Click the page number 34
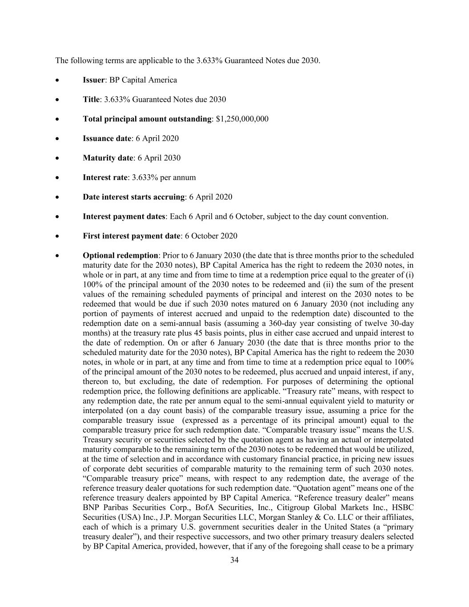tap(235, 560)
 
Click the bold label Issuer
tap(94, 80)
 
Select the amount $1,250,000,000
tap(242, 119)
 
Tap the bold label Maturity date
tap(108, 158)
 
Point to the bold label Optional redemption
tap(120, 255)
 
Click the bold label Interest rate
tap(105, 177)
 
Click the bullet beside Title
tap(58, 100)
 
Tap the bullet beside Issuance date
tap(58, 139)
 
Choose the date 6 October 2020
tap(211, 236)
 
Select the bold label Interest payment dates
tap(124, 217)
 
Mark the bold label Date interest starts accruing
tap(133, 197)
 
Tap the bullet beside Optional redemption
tap(58, 256)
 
